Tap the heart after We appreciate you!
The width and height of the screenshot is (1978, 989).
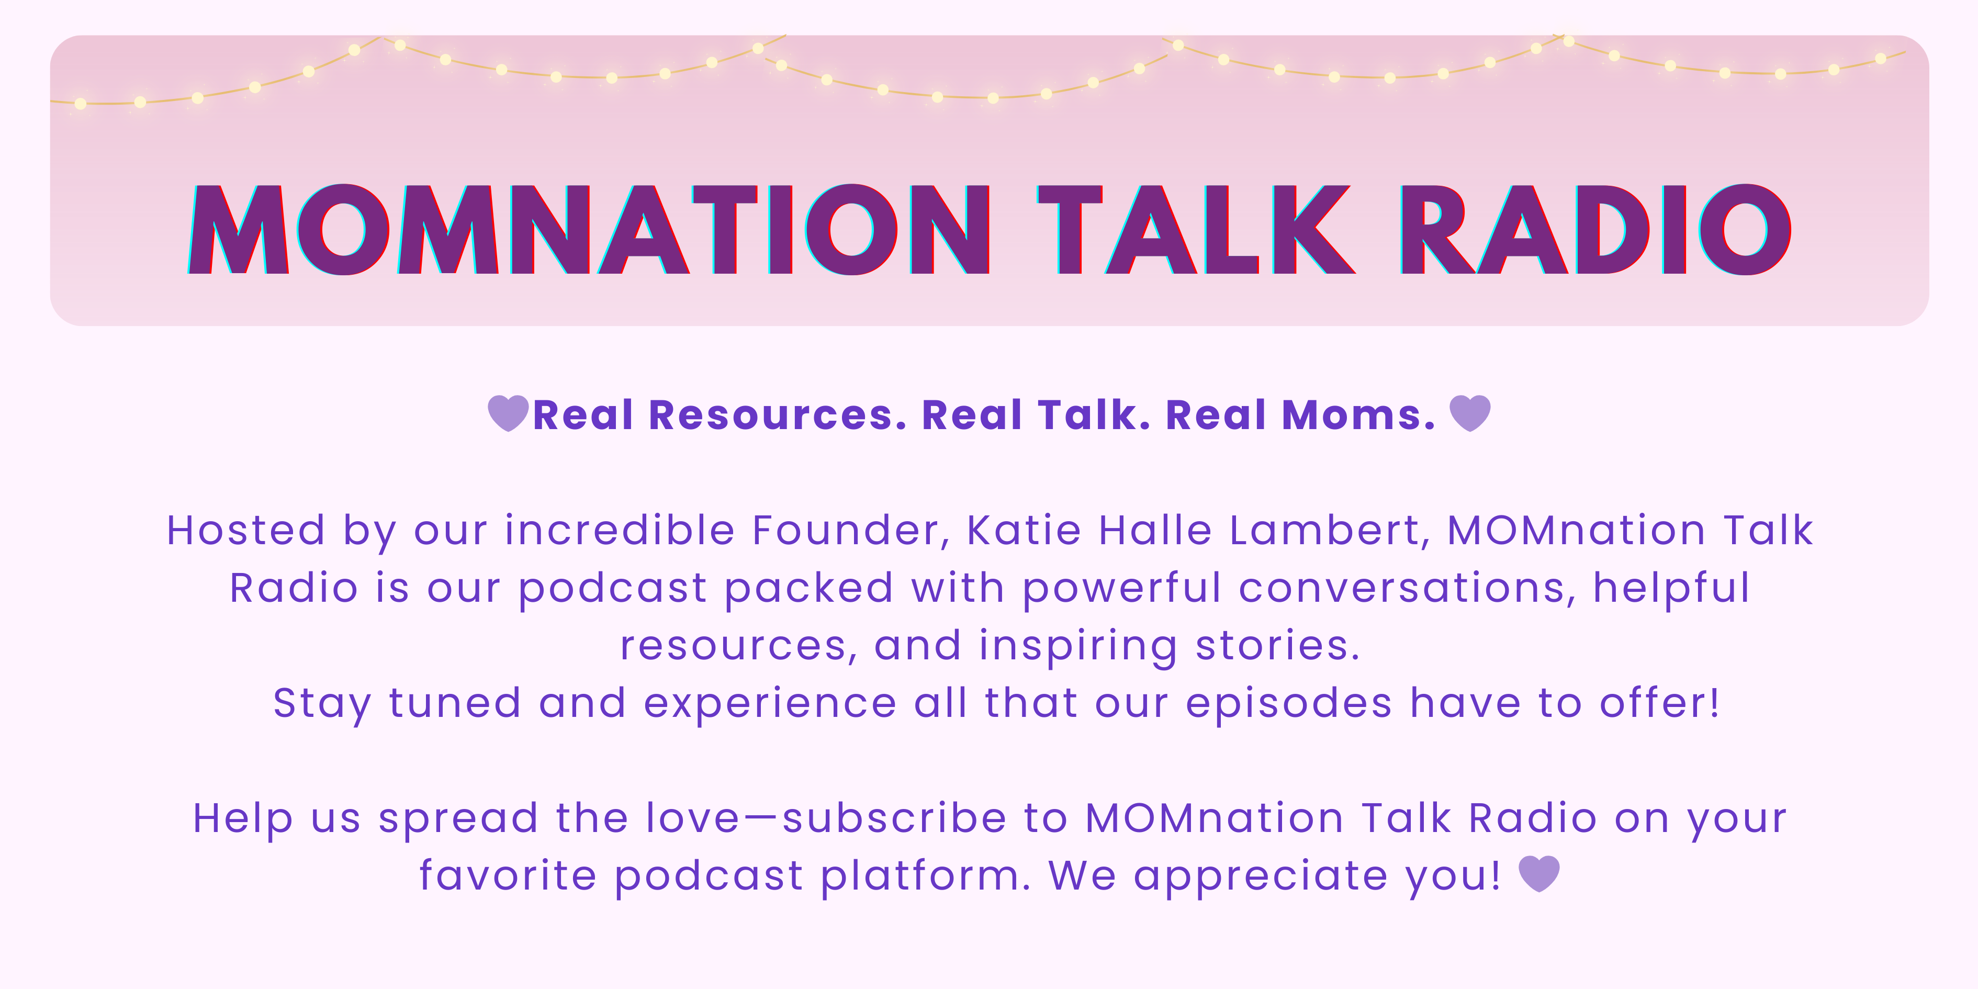(1539, 874)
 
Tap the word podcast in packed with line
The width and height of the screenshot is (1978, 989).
(613, 589)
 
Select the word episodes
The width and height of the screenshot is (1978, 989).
(1288, 703)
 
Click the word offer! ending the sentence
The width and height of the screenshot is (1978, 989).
(1659, 703)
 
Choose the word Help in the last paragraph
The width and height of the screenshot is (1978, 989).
(243, 818)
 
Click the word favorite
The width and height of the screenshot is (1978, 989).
(508, 875)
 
